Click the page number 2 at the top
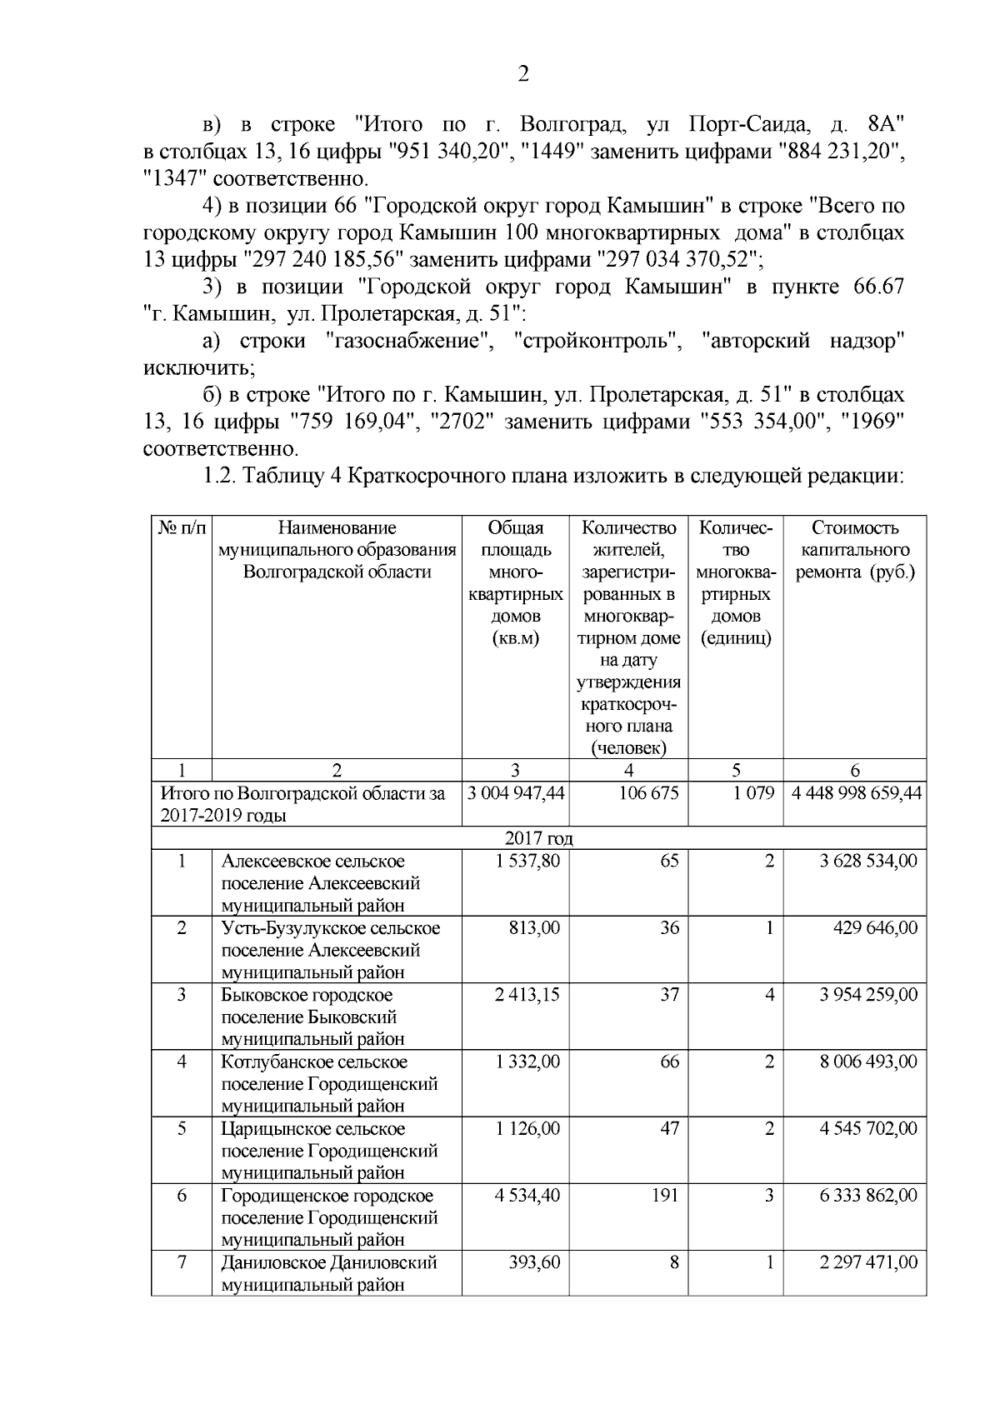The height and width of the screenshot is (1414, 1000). (522, 75)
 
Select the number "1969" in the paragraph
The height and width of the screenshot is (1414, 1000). (873, 422)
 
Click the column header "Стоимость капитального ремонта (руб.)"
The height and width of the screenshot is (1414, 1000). (854, 551)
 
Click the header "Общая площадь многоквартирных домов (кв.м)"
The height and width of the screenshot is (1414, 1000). (515, 583)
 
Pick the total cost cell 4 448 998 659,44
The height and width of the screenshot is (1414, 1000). (856, 793)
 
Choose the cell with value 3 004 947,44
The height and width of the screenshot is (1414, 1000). (516, 793)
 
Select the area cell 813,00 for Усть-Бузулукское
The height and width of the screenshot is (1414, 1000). (534, 928)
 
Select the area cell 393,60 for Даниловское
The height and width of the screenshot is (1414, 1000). (534, 1262)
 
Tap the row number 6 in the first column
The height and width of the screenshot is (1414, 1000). (182, 1196)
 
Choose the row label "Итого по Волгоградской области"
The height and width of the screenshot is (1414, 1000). (302, 804)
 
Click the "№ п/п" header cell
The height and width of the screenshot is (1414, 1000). (182, 528)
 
